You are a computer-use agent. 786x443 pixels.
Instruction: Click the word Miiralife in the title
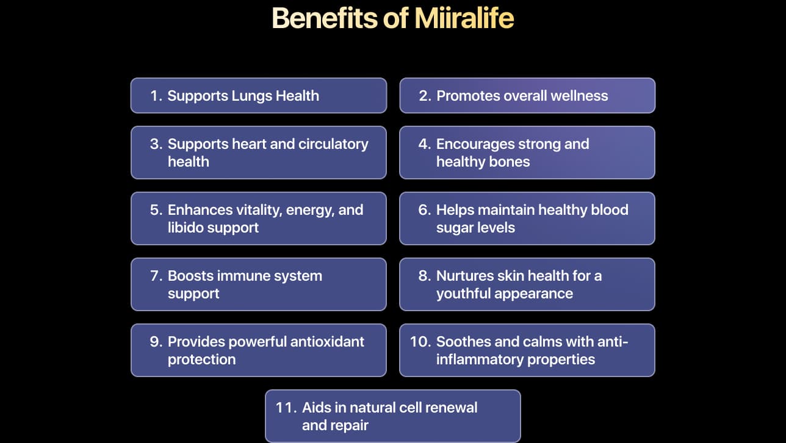[464, 18]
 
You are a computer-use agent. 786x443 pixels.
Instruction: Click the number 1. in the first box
[156, 96]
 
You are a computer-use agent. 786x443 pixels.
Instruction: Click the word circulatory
[333, 145]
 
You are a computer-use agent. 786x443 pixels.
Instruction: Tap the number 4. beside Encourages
[425, 144]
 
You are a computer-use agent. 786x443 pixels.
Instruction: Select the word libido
[186, 228]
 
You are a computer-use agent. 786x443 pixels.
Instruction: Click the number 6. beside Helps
[425, 210]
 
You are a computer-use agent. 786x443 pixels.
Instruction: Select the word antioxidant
[327, 342]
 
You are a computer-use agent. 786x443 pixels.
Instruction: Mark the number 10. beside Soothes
[420, 342]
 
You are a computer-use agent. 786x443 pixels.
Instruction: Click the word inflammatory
[480, 360]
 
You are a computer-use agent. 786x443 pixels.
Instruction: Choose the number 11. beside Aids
[286, 408]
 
